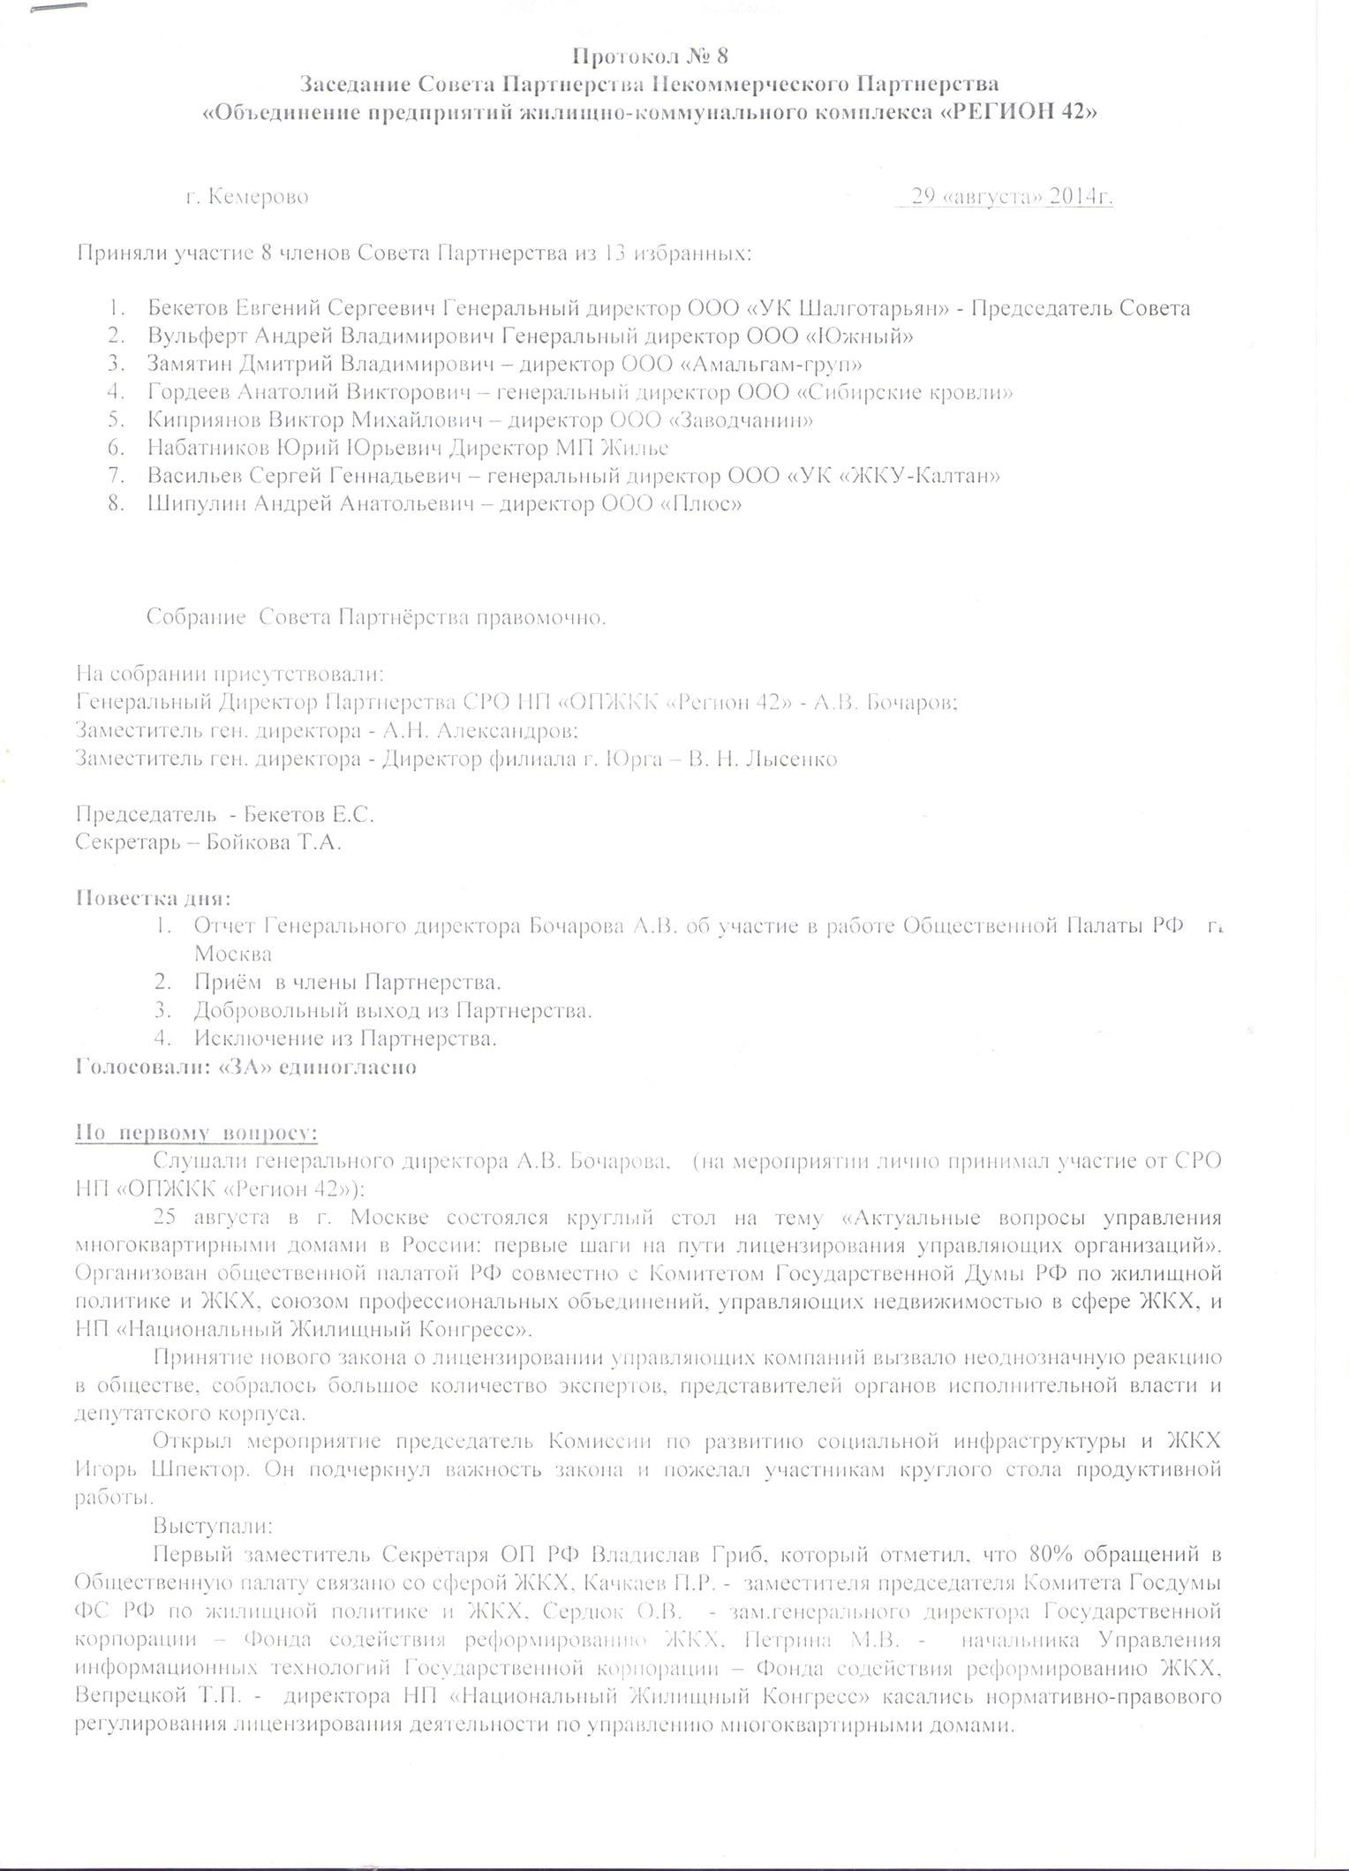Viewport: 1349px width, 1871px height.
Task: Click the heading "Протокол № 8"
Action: click(651, 57)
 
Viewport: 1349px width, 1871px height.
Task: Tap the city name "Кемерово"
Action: click(259, 197)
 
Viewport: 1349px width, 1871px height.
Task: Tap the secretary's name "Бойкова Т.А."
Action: click(273, 842)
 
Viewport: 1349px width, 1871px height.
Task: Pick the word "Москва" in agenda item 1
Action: click(233, 954)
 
